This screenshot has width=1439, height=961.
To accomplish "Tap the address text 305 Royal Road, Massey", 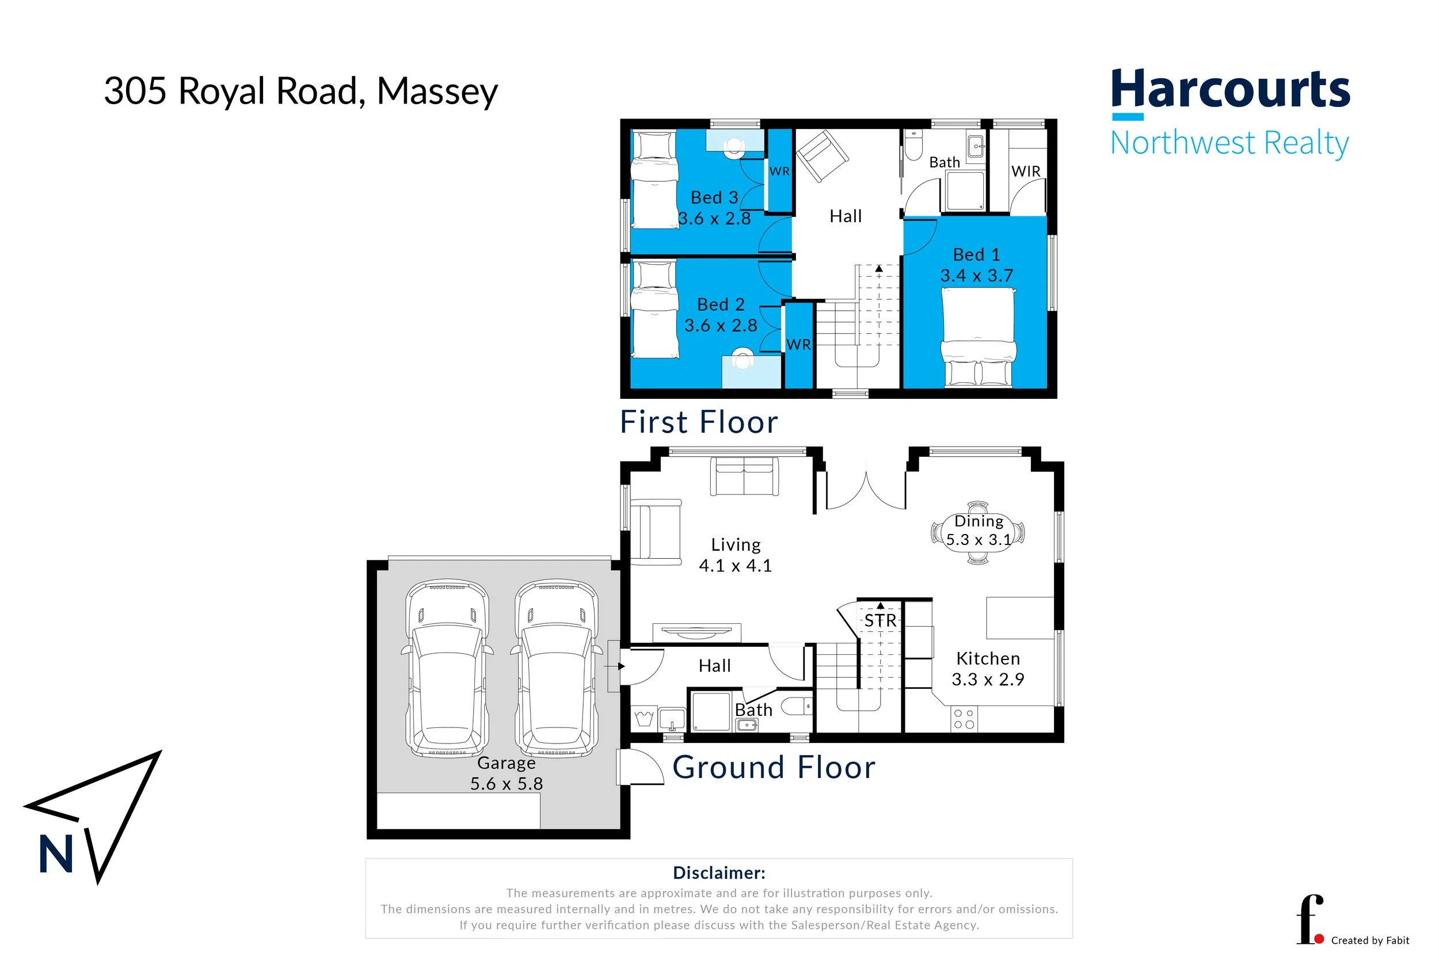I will point(300,92).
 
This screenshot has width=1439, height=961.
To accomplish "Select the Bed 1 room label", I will point(976,254).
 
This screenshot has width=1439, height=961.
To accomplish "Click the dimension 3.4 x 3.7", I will point(976,276).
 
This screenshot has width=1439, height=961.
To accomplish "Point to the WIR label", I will point(1025,171).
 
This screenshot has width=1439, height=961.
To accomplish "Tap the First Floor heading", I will point(699,422).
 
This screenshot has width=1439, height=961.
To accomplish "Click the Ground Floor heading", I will point(774,767).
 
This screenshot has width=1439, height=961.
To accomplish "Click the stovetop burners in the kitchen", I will point(964,719).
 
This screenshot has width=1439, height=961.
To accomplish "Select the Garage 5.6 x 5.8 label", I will point(506,773).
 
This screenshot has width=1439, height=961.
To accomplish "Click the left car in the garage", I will point(447,668).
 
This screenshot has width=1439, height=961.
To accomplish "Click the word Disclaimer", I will point(719,873).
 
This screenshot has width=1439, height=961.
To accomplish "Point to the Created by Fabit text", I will point(1370,940).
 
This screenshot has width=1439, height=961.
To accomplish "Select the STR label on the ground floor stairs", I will point(880,621).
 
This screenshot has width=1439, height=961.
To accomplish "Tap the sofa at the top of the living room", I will point(744,476).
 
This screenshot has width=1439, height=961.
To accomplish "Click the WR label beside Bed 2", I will point(798,345).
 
